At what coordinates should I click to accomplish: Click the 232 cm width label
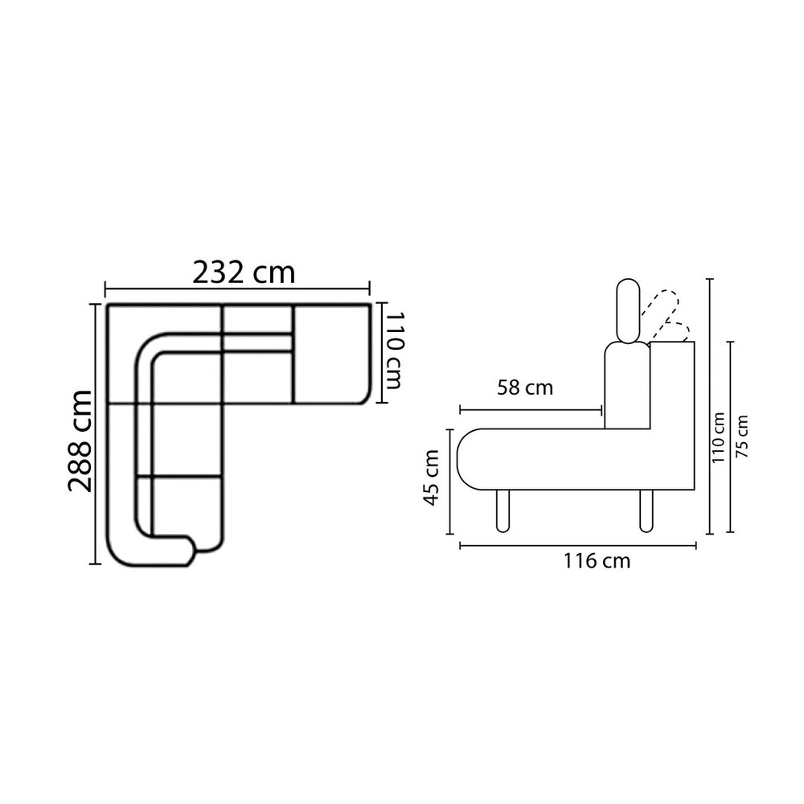[x=244, y=273]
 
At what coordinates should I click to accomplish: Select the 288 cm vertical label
[x=80, y=441]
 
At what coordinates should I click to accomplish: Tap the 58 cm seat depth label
[x=525, y=388]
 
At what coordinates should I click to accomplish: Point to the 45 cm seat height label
[x=431, y=478]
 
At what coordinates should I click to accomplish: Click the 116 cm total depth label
[x=597, y=561]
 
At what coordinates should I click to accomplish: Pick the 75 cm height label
[x=741, y=437]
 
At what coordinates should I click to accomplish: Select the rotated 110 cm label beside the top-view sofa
[x=393, y=351]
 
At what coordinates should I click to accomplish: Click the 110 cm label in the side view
[x=718, y=437]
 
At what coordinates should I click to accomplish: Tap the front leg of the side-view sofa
[x=503, y=511]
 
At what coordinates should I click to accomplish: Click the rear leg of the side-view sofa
[x=646, y=511]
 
